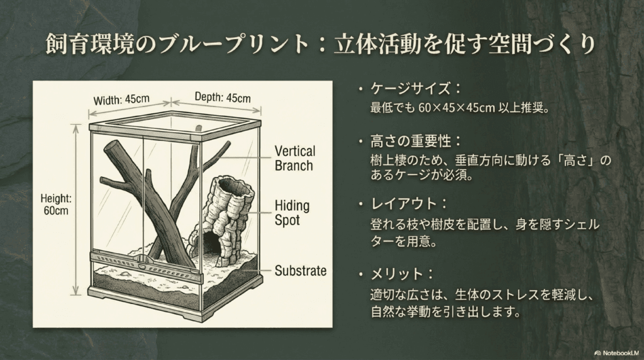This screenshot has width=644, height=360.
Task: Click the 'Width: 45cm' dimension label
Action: [121, 100]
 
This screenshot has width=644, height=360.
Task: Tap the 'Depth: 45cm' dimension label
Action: [222, 98]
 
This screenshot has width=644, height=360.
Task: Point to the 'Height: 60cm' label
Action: [56, 205]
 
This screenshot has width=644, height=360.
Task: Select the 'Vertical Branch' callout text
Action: [294, 158]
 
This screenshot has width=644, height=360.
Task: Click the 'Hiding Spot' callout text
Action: [292, 213]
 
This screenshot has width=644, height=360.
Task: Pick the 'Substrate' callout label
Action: [300, 271]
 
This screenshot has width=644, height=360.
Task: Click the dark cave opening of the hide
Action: [209, 243]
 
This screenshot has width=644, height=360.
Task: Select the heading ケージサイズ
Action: [410, 88]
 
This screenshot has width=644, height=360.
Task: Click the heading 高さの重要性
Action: [410, 142]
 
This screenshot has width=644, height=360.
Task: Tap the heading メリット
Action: [397, 274]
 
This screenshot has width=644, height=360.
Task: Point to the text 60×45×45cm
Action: [457, 108]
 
